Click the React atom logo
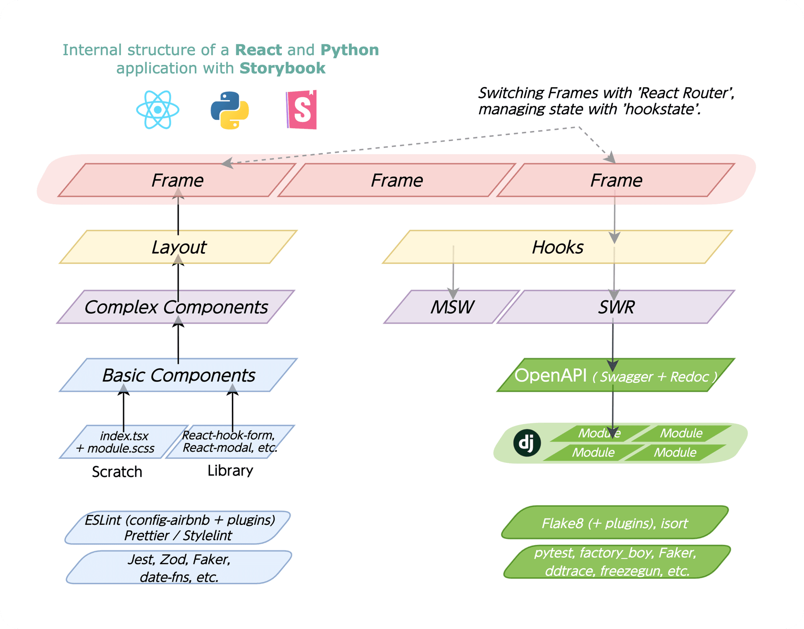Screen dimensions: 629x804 tap(158, 110)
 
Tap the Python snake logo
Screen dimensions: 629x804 tap(229, 110)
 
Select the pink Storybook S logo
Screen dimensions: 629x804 tap(301, 110)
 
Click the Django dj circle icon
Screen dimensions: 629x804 tap(527, 443)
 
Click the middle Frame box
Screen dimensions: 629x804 tap(397, 180)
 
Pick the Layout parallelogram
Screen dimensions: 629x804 tap(178, 247)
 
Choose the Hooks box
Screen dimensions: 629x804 tap(557, 247)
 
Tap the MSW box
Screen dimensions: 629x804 tap(452, 307)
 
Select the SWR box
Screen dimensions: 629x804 tap(616, 307)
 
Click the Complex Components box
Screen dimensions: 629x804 tap(176, 307)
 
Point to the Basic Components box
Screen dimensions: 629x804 tap(178, 375)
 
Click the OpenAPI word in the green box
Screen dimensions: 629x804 tap(550, 375)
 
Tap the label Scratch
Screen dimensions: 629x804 tap(117, 472)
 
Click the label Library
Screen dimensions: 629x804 tap(230, 471)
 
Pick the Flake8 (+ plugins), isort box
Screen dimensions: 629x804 tap(614, 523)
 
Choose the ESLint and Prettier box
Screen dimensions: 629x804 tap(179, 528)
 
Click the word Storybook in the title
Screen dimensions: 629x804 tap(283, 68)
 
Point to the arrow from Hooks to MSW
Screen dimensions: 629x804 tap(453, 272)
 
